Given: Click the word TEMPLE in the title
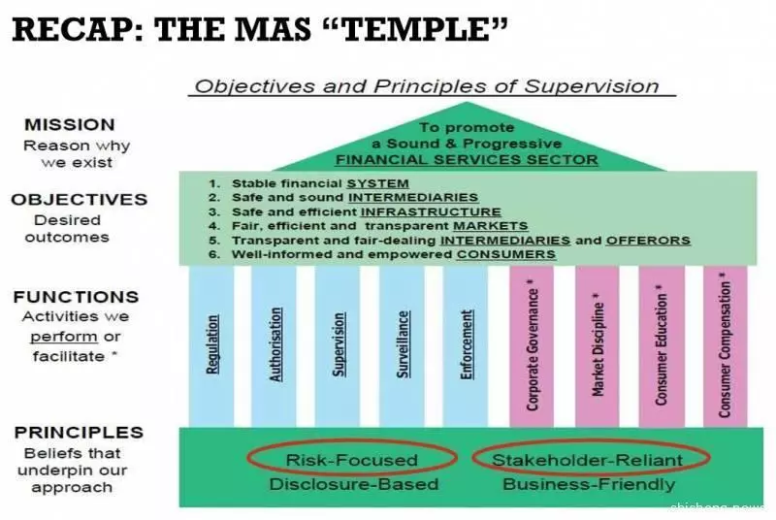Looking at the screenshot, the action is tap(418, 29).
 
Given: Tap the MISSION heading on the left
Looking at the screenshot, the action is tap(70, 125).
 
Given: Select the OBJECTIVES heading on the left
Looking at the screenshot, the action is tap(80, 200).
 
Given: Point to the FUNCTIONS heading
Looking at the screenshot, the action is tap(77, 297).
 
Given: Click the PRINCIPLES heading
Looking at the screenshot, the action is tap(80, 433).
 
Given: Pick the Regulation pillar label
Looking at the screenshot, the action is tap(211, 344).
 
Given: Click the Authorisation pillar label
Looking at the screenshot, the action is tap(275, 344).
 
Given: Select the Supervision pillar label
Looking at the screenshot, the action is tap(339, 344).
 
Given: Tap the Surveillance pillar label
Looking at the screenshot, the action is tap(403, 344).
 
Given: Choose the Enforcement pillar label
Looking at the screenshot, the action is tap(467, 344).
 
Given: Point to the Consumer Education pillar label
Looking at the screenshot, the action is tap(662, 345).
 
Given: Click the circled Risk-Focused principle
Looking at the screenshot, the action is tap(352, 460).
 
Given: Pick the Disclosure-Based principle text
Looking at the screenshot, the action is tap(354, 484).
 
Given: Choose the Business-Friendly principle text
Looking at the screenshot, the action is tap(589, 484).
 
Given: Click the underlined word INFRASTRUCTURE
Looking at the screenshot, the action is tap(431, 211).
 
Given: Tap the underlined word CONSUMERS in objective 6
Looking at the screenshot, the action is tap(505, 254).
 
